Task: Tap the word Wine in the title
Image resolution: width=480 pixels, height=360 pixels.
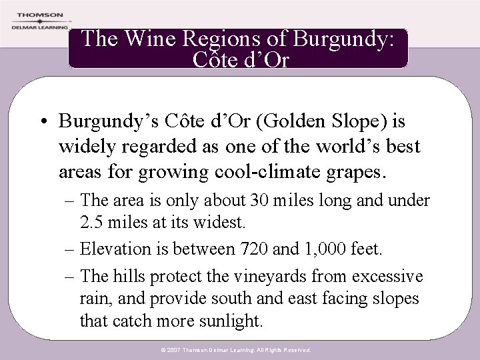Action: coord(144,39)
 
